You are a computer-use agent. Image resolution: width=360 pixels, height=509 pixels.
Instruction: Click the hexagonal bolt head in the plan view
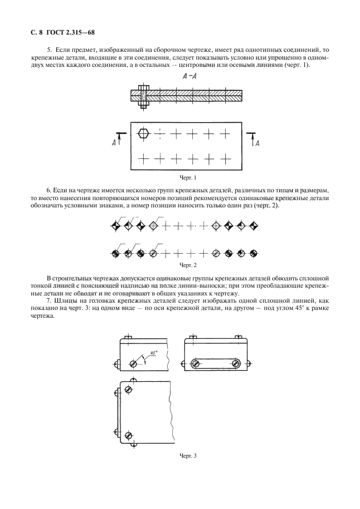click(x=143, y=133)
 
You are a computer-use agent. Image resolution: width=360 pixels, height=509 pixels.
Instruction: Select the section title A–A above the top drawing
click(x=190, y=77)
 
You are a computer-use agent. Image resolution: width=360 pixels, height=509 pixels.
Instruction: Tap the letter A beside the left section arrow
click(x=114, y=143)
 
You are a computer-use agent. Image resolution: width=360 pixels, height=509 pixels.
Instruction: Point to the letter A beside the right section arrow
click(x=257, y=143)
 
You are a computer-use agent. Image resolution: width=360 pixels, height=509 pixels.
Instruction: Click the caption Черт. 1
click(x=188, y=178)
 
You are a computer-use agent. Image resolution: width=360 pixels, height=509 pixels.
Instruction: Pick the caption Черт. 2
click(x=188, y=265)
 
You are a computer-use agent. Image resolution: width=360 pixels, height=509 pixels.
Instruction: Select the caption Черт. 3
click(x=188, y=456)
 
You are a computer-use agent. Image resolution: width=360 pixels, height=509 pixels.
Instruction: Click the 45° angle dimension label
click(x=154, y=352)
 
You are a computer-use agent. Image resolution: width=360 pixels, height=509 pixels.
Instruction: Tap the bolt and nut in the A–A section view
click(x=143, y=98)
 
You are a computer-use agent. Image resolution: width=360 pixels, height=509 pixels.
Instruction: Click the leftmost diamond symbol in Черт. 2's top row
click(x=115, y=226)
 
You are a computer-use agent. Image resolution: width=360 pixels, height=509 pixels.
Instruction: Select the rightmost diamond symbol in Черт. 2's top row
click(x=254, y=226)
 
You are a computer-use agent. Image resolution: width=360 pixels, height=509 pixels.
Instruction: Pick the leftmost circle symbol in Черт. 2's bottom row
click(x=115, y=253)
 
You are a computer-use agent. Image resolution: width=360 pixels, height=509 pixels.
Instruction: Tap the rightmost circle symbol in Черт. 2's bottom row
click(x=254, y=253)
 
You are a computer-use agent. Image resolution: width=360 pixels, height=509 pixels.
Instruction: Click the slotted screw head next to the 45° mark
click(x=133, y=364)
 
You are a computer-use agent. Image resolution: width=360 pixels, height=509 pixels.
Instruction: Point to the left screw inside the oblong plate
click(x=196, y=364)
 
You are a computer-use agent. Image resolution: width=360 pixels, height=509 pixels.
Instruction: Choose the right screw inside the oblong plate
click(x=236, y=364)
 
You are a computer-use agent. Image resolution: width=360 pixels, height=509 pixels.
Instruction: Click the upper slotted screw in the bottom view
click(x=129, y=390)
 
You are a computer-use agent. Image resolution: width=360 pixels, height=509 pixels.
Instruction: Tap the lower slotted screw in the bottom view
click(x=129, y=435)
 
